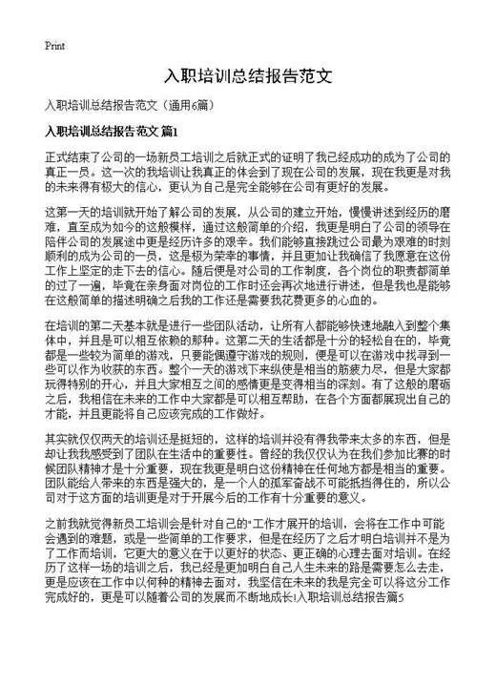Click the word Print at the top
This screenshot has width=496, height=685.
(54, 45)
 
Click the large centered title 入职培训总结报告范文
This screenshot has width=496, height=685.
(248, 75)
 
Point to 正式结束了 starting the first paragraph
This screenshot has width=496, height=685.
(70, 156)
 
